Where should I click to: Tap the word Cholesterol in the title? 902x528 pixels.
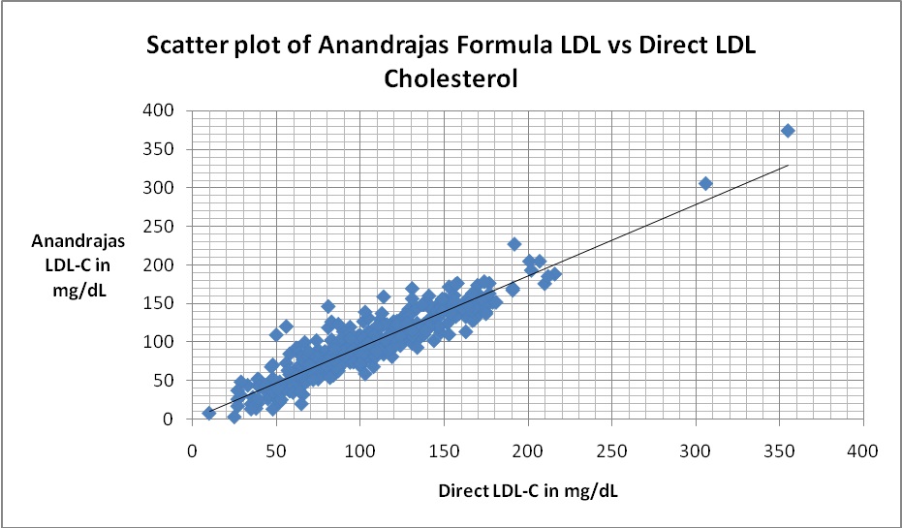click(x=451, y=78)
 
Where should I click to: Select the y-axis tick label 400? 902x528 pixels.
click(x=160, y=110)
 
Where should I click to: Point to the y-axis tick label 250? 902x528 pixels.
click(x=160, y=226)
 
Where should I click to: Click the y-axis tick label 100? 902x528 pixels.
click(x=160, y=342)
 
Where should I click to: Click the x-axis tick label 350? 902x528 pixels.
click(x=778, y=450)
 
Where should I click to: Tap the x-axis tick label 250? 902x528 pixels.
click(x=610, y=450)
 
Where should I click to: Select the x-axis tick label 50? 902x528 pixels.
click(x=275, y=450)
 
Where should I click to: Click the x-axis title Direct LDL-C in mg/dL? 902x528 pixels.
click(x=526, y=490)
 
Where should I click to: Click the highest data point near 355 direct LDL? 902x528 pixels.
click(x=788, y=130)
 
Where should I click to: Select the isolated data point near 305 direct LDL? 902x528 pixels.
click(x=705, y=183)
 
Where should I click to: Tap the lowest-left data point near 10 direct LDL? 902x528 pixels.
click(x=208, y=413)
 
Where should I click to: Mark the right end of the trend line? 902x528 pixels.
click(x=788, y=166)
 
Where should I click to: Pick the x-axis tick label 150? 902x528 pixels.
click(x=443, y=450)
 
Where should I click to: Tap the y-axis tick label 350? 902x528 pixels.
click(x=160, y=149)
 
